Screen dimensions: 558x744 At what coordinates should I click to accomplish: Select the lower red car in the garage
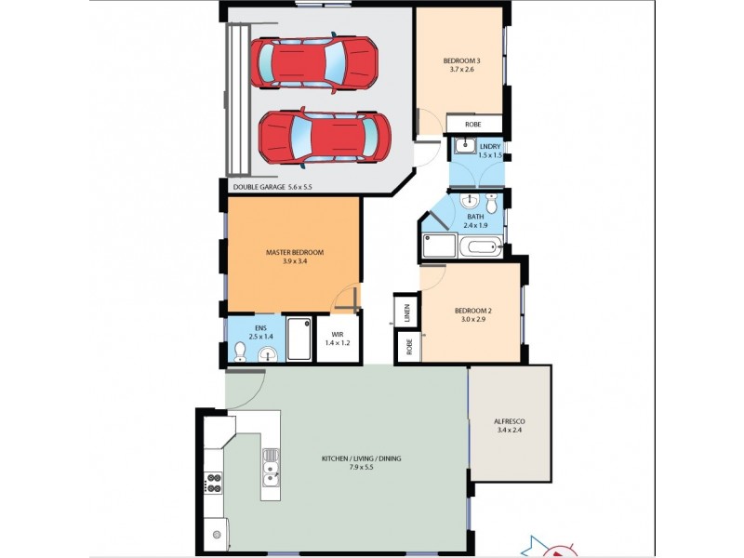[323, 135]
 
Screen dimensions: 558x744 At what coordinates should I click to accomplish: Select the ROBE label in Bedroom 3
[474, 124]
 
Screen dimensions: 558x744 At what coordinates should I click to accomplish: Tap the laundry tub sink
[464, 146]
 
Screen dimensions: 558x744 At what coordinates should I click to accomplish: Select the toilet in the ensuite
[240, 351]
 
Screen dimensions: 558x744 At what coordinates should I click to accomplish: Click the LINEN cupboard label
[407, 312]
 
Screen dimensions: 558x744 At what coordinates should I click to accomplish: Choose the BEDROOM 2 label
[473, 314]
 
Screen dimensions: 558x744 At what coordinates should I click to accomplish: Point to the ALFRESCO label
[511, 425]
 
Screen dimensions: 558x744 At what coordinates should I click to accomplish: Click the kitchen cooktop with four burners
[213, 482]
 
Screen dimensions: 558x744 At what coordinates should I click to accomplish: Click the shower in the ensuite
[299, 339]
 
